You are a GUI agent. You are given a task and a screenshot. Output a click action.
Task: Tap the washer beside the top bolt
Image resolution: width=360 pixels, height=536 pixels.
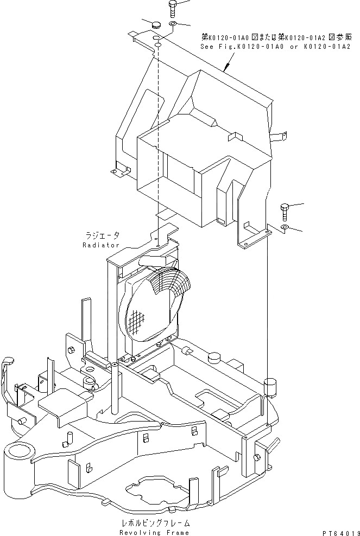[x=173, y=24]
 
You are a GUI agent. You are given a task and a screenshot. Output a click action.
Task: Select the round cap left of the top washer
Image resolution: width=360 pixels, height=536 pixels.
[x=156, y=24]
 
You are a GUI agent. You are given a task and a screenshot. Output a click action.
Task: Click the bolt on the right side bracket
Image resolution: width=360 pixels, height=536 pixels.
[x=285, y=209]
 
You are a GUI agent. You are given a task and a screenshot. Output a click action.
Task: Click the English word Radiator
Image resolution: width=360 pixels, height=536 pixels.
[x=101, y=245]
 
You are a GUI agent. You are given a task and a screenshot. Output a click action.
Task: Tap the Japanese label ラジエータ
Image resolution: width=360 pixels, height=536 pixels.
[x=102, y=236]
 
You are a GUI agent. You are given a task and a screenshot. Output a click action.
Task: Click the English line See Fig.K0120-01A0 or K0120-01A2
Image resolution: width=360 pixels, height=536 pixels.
[x=275, y=47]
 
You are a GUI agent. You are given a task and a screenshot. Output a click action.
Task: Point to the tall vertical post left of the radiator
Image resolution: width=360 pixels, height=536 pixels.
[x=116, y=391]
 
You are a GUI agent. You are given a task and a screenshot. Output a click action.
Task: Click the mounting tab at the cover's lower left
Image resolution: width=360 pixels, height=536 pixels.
[x=119, y=171]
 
